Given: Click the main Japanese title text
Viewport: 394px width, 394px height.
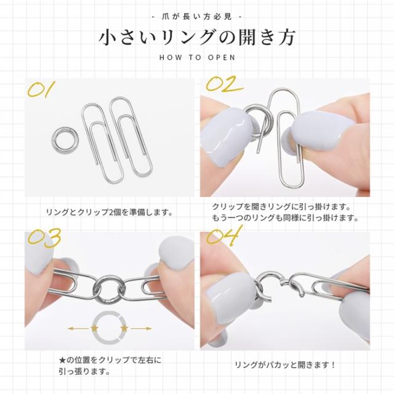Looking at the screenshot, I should coord(196,37).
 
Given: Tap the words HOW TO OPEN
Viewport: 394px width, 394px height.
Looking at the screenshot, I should coord(196,59).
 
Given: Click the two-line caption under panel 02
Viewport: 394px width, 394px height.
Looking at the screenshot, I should coord(285,212).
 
